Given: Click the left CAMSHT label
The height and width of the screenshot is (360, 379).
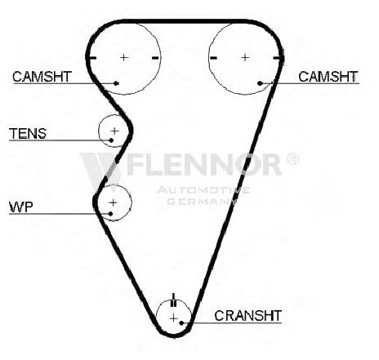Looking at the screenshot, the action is (42, 77).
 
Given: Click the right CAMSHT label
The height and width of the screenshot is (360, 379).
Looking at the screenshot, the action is (328, 77).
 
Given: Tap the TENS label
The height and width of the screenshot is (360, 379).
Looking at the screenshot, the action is (28, 134).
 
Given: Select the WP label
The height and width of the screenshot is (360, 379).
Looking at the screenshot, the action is (21, 207).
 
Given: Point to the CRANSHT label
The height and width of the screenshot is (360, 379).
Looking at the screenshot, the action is (247, 316).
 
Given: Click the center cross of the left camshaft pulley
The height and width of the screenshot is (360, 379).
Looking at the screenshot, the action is (124, 57).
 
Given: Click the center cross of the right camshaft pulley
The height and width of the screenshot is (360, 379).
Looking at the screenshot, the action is (245, 57).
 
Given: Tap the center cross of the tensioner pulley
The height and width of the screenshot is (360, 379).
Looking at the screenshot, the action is (114, 131).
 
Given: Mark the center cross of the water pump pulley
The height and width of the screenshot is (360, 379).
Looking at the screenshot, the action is (113, 202).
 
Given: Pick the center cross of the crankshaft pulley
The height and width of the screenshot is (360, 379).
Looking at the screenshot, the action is (174, 318).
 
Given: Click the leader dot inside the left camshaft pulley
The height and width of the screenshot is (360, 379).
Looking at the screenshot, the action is (116, 83).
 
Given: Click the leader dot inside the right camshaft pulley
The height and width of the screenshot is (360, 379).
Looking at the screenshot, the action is (260, 83).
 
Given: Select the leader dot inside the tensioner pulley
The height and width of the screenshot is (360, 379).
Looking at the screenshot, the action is (111, 140).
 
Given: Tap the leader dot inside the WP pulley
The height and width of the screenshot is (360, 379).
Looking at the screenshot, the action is (110, 214).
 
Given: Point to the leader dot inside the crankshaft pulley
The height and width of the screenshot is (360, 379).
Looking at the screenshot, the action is (181, 323).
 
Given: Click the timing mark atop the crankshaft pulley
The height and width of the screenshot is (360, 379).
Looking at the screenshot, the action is (174, 300).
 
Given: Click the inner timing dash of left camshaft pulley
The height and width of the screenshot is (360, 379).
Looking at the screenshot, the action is (155, 58).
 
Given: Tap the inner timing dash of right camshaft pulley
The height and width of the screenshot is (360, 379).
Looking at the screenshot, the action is (213, 58).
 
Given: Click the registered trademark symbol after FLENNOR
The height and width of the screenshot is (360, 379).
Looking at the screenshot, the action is (293, 158).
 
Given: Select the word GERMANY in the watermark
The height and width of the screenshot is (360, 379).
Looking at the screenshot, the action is (202, 202).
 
